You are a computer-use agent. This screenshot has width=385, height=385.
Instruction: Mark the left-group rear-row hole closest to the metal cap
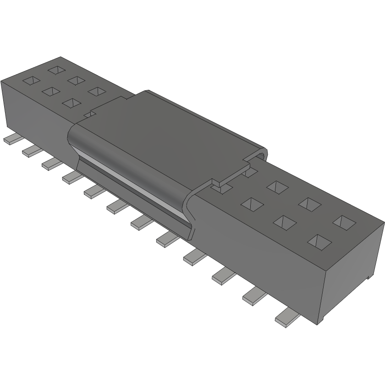coord(96,91)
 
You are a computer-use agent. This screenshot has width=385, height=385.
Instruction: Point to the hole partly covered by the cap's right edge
coord(250,172)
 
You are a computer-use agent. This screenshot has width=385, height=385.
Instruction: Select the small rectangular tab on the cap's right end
coord(222,185)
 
